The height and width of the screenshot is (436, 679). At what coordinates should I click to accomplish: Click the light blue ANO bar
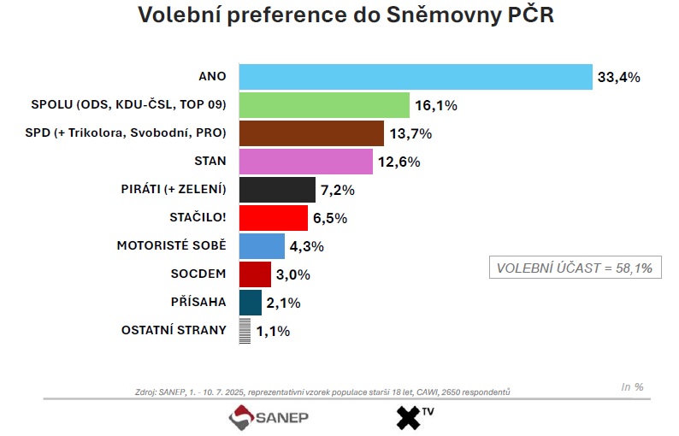415,77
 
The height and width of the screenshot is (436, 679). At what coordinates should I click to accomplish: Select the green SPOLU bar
324,105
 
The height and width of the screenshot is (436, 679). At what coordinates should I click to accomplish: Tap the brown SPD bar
311,133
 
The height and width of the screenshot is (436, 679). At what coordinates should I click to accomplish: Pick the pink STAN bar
306,162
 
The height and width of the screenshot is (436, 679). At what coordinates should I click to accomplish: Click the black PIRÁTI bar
277,190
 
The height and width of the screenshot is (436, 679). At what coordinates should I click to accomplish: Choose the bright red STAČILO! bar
273,218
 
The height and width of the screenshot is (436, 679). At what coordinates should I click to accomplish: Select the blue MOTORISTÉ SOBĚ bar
262,246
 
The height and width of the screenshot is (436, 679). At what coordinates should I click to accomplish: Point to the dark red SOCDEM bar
255,274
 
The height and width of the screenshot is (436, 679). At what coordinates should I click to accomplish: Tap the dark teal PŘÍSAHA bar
250,303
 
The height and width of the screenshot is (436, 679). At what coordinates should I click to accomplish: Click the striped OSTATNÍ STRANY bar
244,331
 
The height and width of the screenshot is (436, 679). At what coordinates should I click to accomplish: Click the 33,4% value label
619,78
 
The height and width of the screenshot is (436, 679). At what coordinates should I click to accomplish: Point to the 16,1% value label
436,106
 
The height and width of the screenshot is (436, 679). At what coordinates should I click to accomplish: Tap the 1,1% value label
272,331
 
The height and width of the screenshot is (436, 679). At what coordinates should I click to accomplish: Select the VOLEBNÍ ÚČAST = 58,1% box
575,268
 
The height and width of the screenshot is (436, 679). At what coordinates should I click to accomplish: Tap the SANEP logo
269,418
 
